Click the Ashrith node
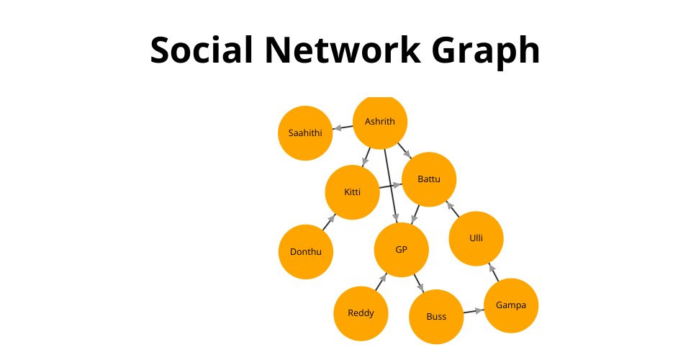pos(380,122)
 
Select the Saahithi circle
pos(305,133)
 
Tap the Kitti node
pos(352,192)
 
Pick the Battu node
pos(429,179)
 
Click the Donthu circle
pos(305,251)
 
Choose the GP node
pos(401,250)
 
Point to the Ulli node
pos(476,238)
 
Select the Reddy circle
pos(361,313)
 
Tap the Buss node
pos(436,316)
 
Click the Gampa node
pos(511,305)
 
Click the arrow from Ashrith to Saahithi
pos(343,127)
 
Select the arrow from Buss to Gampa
pos(474,311)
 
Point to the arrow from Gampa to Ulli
pos(494,272)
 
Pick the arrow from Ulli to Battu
pos(452,209)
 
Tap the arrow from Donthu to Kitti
pos(329,222)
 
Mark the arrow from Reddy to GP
pos(381,282)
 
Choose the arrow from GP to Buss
pos(419,284)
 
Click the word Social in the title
pos(202,50)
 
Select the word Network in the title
pos(343,50)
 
